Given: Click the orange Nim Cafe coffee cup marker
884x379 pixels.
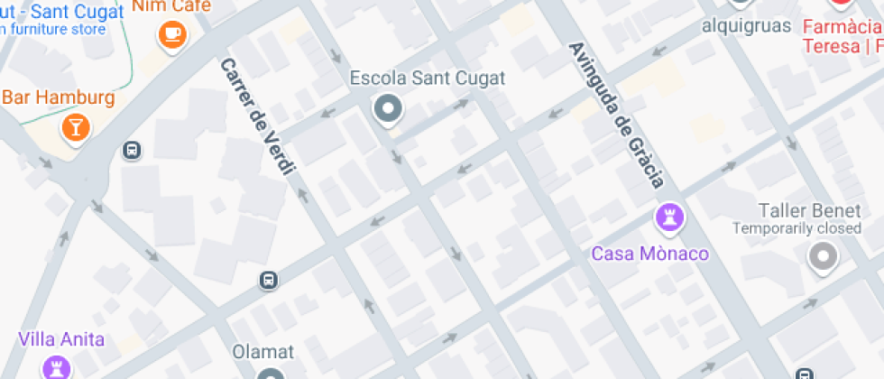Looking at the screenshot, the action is tap(171, 35).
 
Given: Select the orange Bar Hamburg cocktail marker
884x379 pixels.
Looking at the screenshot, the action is tap(75, 127).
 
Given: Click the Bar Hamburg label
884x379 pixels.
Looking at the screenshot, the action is tap(59, 97).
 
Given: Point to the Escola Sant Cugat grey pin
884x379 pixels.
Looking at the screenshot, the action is tap(388, 109).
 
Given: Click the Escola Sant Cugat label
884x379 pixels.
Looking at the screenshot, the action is tap(428, 79).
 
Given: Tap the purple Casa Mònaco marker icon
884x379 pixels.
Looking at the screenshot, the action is tap(669, 217).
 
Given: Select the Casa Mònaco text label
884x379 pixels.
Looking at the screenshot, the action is tap(649, 254).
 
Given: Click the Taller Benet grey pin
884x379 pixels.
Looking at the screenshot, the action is tap(823, 259).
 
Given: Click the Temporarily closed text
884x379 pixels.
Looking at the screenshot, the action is tap(797, 228).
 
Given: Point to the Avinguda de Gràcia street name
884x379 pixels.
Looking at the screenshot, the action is tap(617, 114).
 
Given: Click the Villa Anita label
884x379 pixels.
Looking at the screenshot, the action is tap(61, 340).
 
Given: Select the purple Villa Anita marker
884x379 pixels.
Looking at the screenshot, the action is tap(56, 367).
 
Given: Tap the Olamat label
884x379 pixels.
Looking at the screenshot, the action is tap(263, 351).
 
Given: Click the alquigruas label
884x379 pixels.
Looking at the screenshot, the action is tap(747, 25).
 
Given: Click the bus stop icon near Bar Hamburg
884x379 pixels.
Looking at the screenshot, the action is tap(132, 150).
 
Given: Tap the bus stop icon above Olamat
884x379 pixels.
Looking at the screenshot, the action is tap(268, 280).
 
